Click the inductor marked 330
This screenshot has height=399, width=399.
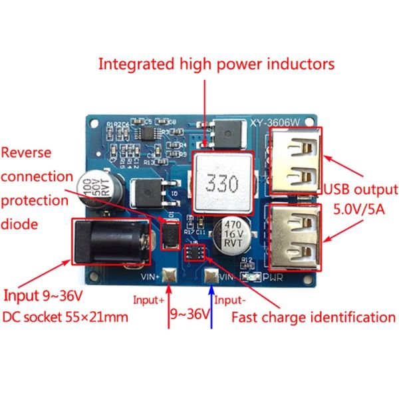coord(221,182)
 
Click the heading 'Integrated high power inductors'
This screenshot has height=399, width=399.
coord(216,64)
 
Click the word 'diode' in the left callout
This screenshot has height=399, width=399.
coord(19,224)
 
